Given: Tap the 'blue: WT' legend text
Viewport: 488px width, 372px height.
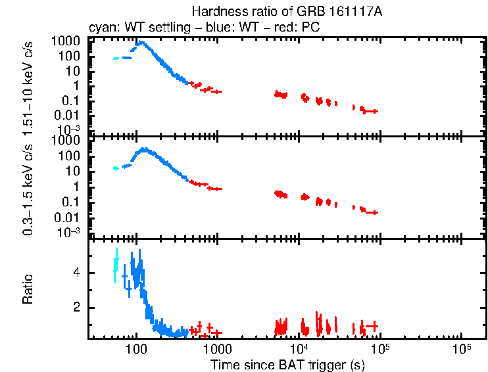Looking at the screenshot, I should [x=231, y=28].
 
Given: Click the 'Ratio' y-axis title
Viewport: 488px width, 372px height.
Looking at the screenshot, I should [x=28, y=289].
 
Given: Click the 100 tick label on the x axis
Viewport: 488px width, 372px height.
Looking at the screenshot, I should [x=136, y=349].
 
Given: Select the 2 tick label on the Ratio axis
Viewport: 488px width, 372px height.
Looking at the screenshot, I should [x=77, y=308].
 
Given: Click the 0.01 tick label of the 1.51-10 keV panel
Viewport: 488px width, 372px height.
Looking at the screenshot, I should [x=71, y=116].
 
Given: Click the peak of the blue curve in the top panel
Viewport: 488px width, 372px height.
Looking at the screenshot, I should [x=141, y=43].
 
